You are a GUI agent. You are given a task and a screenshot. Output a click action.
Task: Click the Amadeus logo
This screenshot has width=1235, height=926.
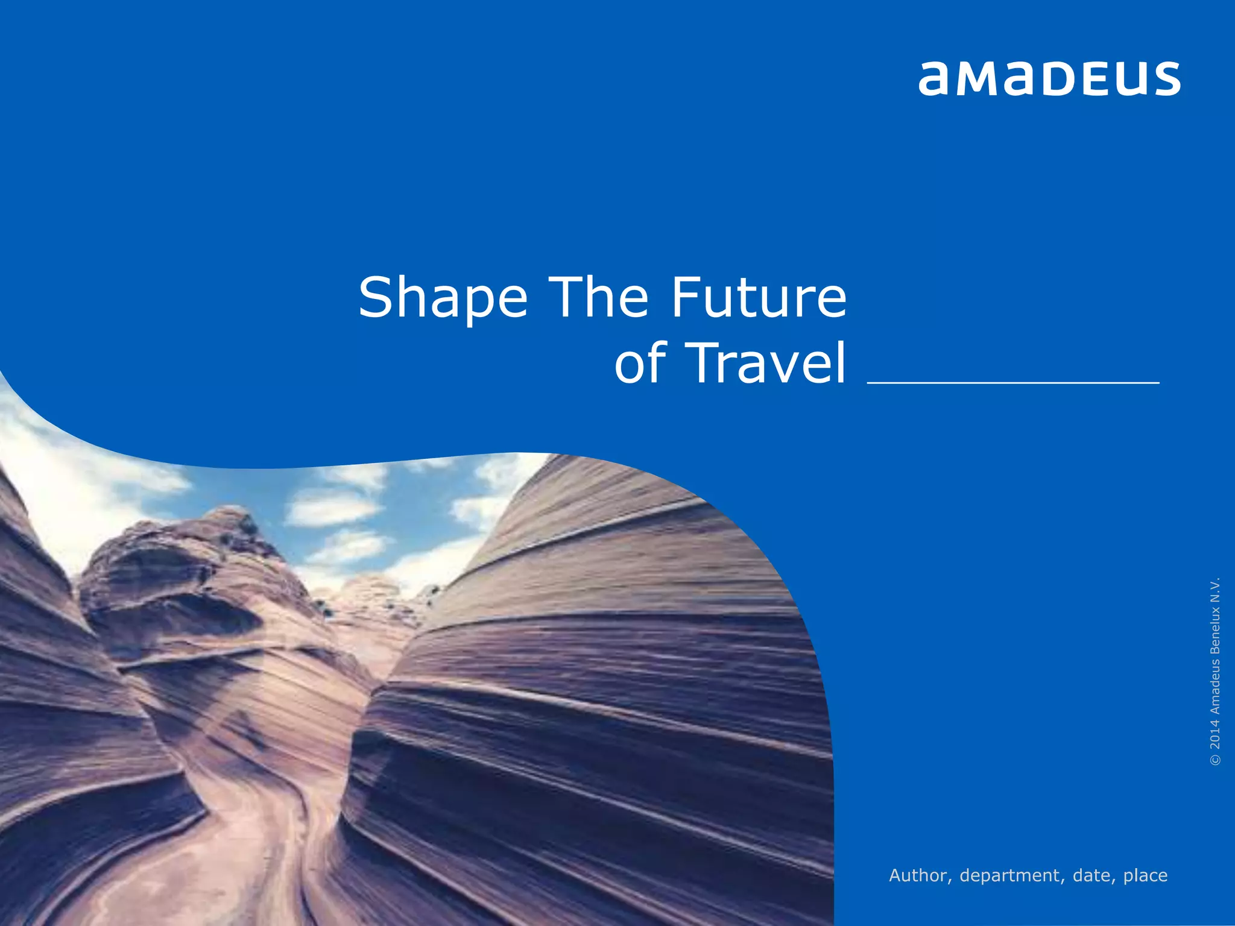click(1049, 78)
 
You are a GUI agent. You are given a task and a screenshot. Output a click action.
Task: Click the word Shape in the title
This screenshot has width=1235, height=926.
click(443, 298)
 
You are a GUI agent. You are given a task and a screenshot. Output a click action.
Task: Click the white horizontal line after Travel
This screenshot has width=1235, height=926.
click(1013, 382)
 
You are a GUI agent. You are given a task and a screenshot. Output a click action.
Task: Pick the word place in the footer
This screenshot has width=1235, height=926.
click(1145, 875)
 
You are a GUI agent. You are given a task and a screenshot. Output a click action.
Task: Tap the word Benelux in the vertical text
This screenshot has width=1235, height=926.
click(1215, 630)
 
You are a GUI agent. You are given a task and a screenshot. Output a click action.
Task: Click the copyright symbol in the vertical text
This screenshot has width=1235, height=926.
click(1215, 760)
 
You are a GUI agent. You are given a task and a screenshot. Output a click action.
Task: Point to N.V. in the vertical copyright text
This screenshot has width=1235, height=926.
click(1215, 589)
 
